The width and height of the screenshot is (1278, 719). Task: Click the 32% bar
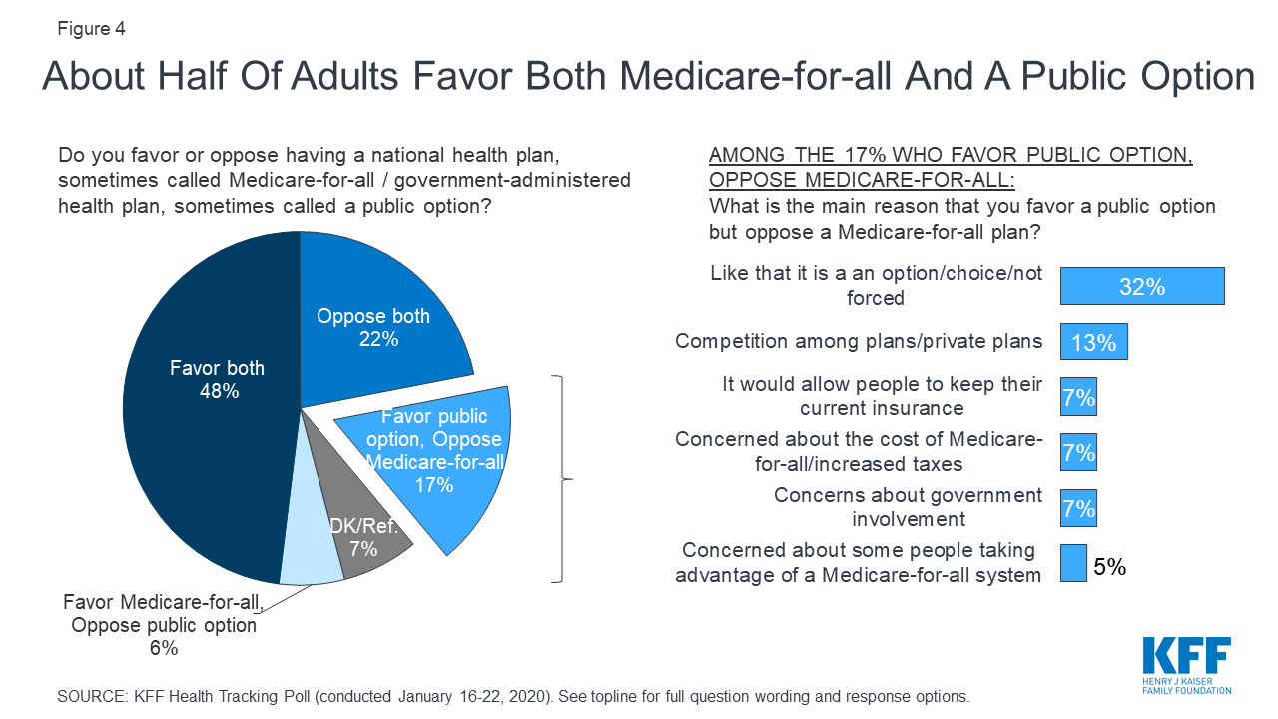click(x=1141, y=287)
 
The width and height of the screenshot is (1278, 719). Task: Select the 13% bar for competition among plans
click(x=1093, y=342)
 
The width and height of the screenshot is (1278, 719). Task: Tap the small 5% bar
click(x=1072, y=563)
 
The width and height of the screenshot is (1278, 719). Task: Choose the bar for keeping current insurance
click(x=1078, y=398)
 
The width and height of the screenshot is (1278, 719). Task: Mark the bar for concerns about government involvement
click(x=1078, y=508)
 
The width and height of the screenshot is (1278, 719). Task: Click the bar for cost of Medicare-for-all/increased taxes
click(x=1078, y=453)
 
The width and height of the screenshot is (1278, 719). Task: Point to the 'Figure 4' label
click(x=91, y=28)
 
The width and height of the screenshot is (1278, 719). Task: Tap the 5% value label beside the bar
click(x=1109, y=567)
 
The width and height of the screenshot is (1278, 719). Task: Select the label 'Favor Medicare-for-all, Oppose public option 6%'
click(x=162, y=625)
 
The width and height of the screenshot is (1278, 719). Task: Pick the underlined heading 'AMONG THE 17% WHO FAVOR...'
click(x=951, y=169)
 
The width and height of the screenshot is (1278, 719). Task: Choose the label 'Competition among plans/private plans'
click(x=859, y=341)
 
